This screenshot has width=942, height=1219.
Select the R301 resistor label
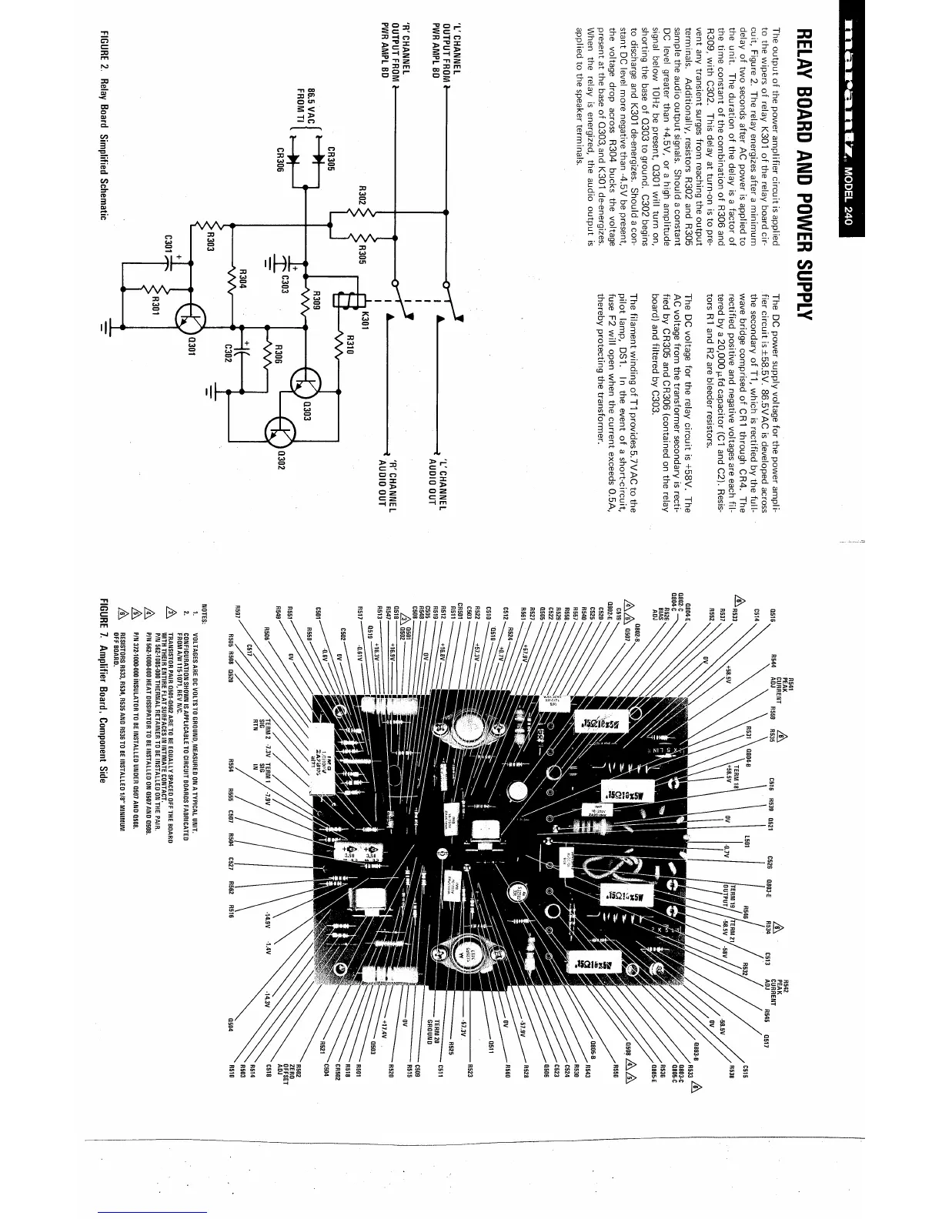pos(155,304)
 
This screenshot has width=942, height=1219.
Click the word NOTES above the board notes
pos(204,613)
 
